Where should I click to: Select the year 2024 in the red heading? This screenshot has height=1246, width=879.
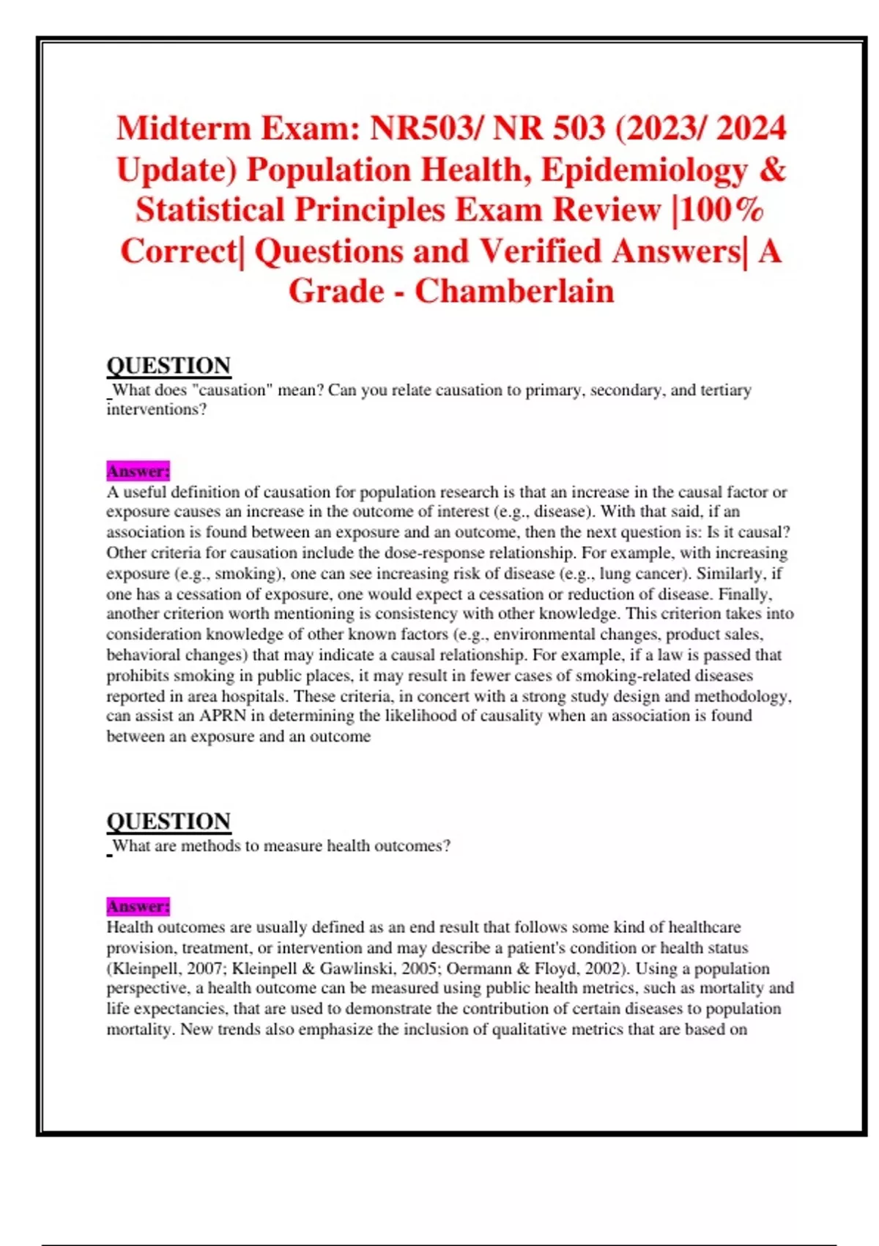coord(751,129)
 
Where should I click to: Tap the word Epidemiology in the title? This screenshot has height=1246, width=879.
coord(644,170)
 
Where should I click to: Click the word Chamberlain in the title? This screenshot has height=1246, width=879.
coord(514,292)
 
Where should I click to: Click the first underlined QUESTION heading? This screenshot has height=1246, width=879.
coord(168,365)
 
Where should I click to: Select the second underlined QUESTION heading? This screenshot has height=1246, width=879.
coord(168,821)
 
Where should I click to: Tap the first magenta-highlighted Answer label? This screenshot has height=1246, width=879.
coord(138,471)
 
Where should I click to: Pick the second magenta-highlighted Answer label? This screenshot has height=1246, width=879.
coord(138,906)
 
